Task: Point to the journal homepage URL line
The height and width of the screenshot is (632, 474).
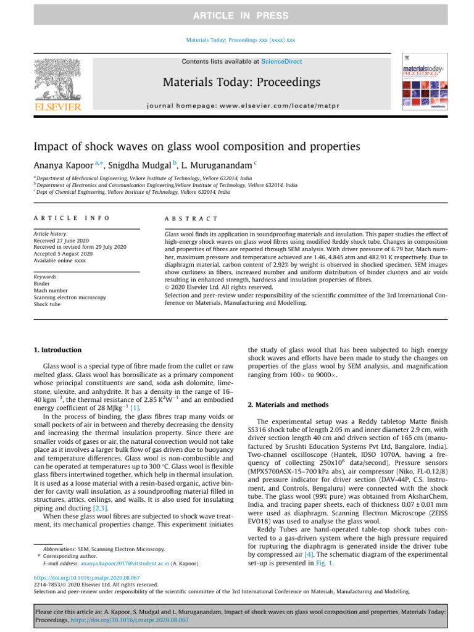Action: pos(241,106)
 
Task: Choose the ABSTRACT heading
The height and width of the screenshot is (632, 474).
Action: pos(191,218)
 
